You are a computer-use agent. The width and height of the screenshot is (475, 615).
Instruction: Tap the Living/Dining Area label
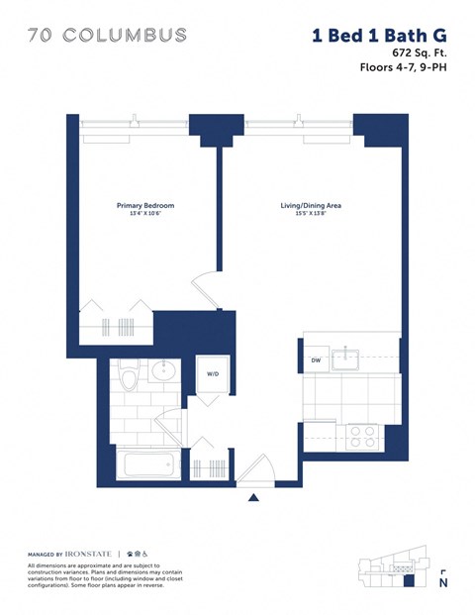click(311, 206)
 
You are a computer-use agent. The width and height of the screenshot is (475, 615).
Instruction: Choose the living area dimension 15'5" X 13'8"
click(311, 215)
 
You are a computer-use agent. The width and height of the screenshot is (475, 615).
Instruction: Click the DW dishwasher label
click(316, 360)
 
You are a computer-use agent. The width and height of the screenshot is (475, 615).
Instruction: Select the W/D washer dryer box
click(213, 375)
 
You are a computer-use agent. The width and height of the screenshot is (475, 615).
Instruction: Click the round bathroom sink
click(163, 373)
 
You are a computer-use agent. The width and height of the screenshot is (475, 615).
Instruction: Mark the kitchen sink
click(346, 358)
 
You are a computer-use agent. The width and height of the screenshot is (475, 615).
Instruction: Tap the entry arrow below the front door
click(253, 497)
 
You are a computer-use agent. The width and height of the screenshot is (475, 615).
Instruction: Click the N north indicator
click(442, 583)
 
